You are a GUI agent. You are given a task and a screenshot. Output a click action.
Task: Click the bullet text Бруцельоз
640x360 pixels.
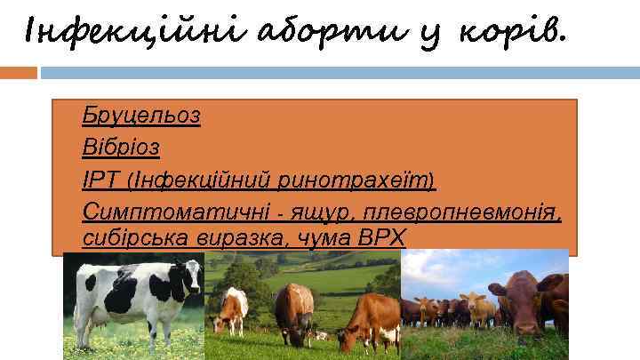[140, 116]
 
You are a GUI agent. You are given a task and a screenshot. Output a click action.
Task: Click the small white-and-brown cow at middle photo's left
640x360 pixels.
[233, 310]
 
